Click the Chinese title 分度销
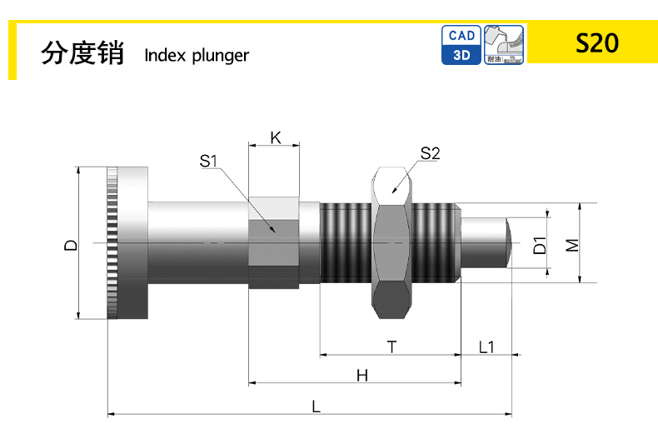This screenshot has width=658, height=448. tap(82, 53)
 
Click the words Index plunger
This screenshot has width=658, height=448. tap(197, 56)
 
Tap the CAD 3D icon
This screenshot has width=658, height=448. tap(462, 45)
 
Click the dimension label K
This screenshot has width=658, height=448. tap(274, 138)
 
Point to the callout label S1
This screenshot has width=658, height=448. tap(208, 160)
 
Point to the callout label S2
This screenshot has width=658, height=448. tap(430, 153)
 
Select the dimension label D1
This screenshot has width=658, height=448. tap(540, 245)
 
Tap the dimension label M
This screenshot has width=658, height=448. tap(571, 245)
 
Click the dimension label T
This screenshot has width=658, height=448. tap(391, 345)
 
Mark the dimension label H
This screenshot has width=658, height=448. tap(361, 376)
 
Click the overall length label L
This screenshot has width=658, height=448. tap(316, 406)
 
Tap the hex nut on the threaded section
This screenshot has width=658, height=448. tap(391, 243)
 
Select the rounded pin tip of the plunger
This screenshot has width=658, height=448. tap(504, 243)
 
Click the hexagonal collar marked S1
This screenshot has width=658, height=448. tap(274, 243)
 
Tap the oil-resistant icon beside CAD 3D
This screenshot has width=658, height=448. tap(505, 45)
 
